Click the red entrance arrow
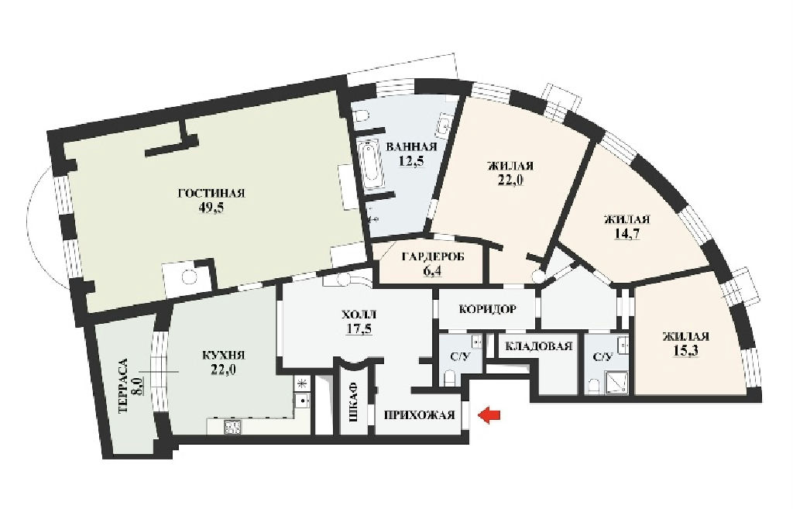click(489, 415)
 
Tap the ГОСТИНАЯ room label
click(211, 193)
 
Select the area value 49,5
click(211, 208)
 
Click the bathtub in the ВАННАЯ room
click(371, 163)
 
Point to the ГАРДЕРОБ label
click(433, 256)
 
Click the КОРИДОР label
click(488, 308)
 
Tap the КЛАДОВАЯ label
click(539, 346)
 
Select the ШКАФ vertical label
click(354, 404)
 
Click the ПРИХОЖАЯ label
click(419, 415)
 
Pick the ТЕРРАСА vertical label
click(123, 386)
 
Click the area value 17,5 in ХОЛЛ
click(359, 329)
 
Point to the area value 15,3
click(686, 351)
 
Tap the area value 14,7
click(626, 234)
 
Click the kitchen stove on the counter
click(232, 427)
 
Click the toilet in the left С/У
click(448, 377)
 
